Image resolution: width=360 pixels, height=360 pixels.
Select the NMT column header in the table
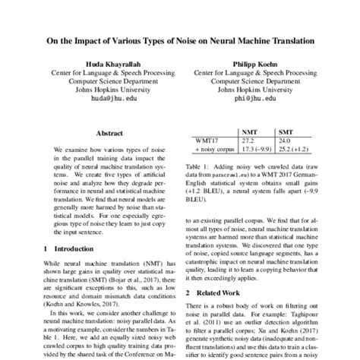pyautogui.click(x=248, y=131)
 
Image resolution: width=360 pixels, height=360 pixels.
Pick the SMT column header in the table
pyautogui.click(x=286, y=131)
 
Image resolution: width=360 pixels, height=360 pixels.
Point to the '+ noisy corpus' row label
pyautogui.click(x=212, y=150)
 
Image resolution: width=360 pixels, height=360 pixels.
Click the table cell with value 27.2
pyautogui.click(x=248, y=141)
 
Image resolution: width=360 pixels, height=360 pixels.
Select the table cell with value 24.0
pyautogui.click(x=285, y=141)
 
